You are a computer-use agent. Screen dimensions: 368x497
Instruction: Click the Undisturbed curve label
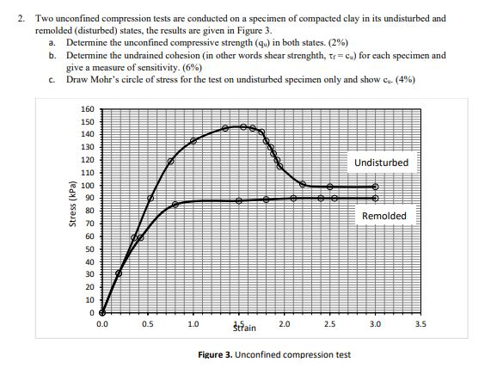[x=381, y=163]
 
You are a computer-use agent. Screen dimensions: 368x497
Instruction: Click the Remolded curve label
[x=383, y=216]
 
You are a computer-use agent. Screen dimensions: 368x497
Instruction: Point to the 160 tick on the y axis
[x=87, y=109]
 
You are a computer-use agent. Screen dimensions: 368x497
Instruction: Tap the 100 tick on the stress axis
[x=87, y=186]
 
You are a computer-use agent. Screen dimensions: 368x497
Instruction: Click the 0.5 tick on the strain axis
[x=147, y=324]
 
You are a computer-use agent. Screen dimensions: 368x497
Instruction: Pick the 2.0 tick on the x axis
[x=284, y=324]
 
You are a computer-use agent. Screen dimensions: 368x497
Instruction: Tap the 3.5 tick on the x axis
[x=420, y=324]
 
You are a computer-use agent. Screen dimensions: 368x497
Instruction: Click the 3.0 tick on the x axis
[x=374, y=324]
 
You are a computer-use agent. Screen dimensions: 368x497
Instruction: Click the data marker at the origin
[x=103, y=312]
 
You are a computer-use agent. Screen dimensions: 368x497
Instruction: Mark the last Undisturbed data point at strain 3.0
[x=374, y=187]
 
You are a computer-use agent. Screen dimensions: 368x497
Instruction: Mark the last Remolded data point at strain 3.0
[x=374, y=198]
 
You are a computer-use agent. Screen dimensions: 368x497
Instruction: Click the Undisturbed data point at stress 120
[x=170, y=161]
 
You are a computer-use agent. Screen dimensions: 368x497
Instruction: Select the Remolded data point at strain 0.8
[x=175, y=205]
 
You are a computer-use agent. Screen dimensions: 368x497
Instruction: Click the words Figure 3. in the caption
[x=218, y=354]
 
